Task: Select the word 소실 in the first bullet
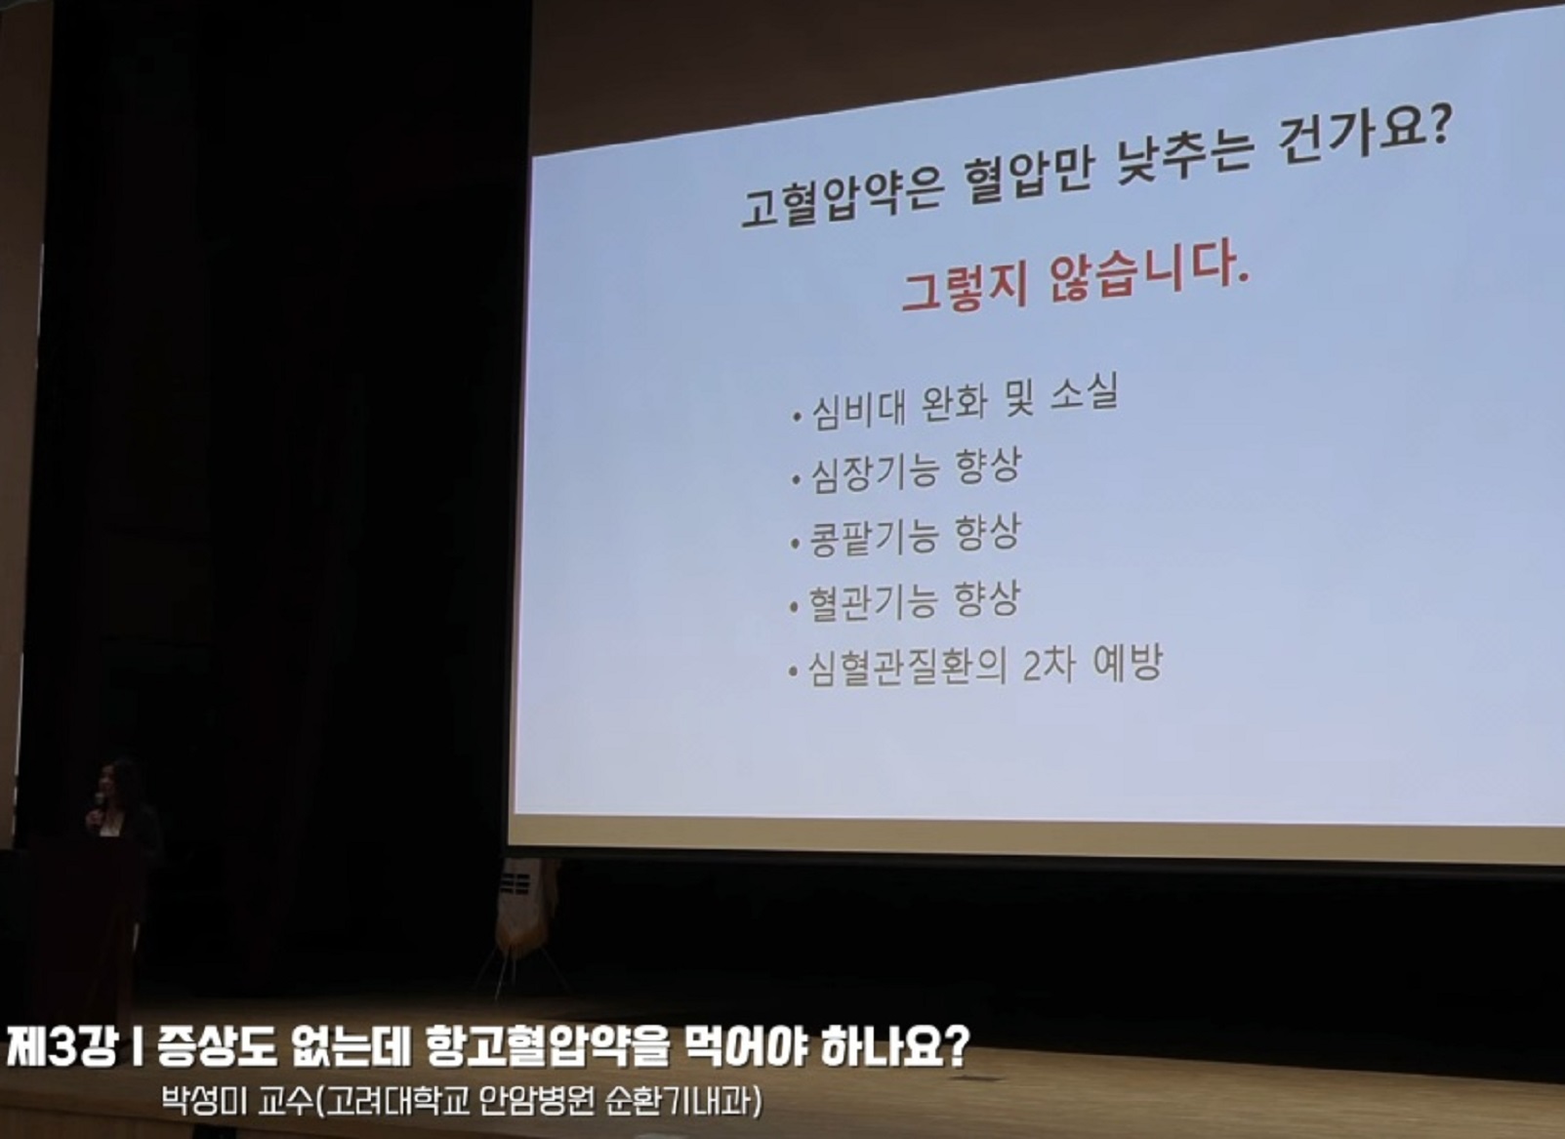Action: click(1084, 393)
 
